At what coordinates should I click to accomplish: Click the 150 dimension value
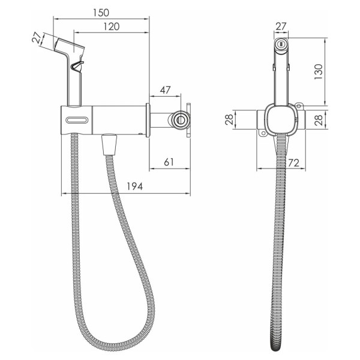[x=101, y=13]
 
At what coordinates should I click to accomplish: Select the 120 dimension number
[x=112, y=26]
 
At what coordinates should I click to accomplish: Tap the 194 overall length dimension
[x=135, y=187]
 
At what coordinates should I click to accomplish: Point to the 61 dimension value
[x=169, y=162]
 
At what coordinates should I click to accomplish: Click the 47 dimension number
[x=166, y=90]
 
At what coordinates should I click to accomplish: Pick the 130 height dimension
[x=319, y=72]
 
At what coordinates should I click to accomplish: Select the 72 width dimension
[x=293, y=163]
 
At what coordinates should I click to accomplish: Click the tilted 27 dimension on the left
[x=37, y=38]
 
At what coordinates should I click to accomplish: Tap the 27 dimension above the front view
[x=281, y=26]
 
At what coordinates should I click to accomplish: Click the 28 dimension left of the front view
[x=229, y=119]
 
